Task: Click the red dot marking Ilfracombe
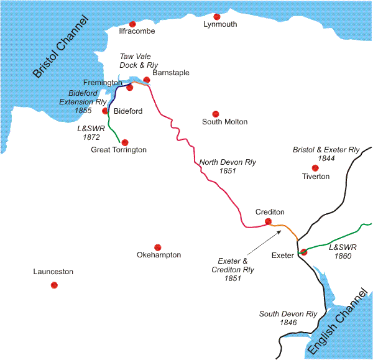pos(132,24)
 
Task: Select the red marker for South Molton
pos(216,114)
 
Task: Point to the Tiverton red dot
pos(315,168)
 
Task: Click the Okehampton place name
pos(159,255)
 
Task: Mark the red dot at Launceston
pos(54,285)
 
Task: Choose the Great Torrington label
pos(119,150)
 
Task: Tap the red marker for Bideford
pos(106,111)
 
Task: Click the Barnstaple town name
pos(170,73)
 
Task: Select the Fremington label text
pos(103,83)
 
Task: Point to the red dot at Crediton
pos(268,221)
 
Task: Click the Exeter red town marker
pos(303,252)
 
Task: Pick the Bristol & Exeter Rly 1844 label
pos(326,154)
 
